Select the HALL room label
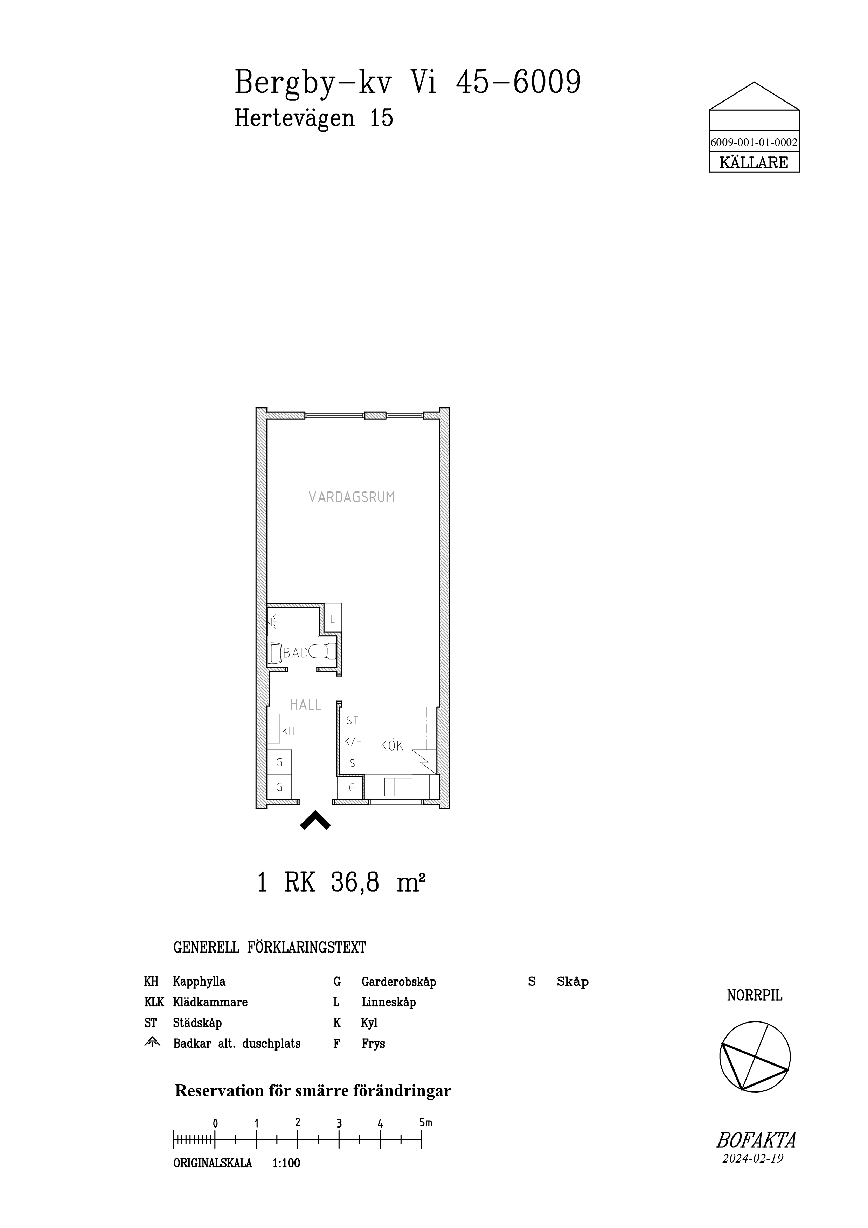[305, 705]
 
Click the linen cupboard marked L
[333, 619]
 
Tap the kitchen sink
[398, 787]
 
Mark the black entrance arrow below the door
[315, 821]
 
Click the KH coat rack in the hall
[275, 728]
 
